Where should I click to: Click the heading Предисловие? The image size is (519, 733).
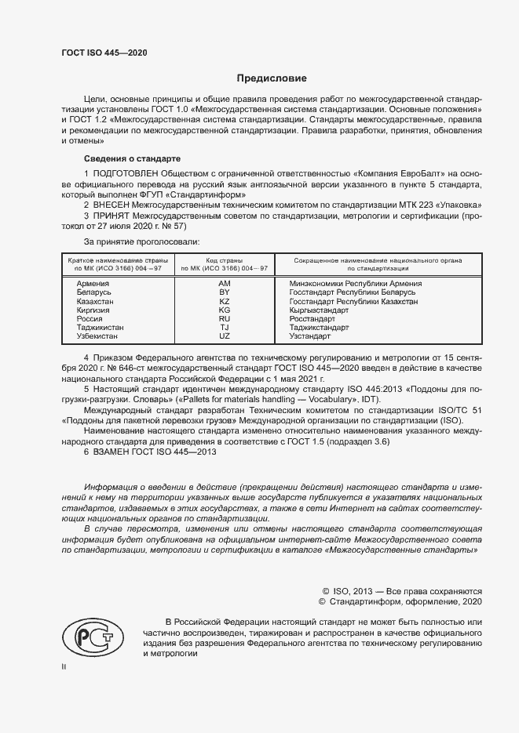tap(272, 78)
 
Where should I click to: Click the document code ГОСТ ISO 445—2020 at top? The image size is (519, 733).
tap(104, 53)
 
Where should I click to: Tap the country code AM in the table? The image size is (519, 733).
tap(224, 284)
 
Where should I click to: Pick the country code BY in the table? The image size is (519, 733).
tap(224, 292)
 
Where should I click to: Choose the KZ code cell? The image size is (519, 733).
tap(224, 301)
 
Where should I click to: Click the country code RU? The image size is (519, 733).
tap(224, 319)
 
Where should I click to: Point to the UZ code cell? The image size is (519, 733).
tap(224, 336)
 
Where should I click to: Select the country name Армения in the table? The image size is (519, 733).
tap(93, 284)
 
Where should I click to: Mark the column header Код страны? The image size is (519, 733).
tap(224, 259)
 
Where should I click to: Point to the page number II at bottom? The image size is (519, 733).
tap(64, 667)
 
